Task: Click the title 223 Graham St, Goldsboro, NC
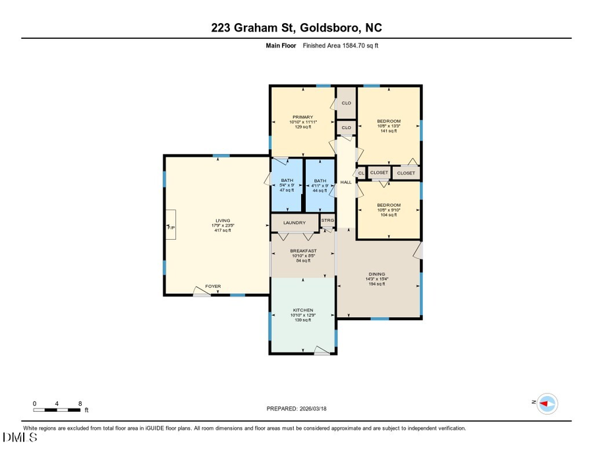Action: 296,28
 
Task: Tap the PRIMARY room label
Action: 303,117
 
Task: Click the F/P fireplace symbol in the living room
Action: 171,227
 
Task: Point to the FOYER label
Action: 213,286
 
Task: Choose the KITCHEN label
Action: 303,310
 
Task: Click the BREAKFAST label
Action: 303,251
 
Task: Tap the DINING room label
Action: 377,274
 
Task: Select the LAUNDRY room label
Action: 295,223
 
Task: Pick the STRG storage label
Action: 327,220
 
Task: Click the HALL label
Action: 345,182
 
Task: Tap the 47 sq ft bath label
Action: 287,190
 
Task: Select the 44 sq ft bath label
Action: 320,190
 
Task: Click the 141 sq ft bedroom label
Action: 388,130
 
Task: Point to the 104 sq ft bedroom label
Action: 388,215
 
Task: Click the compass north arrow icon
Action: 546,403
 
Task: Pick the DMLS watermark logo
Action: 20,437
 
